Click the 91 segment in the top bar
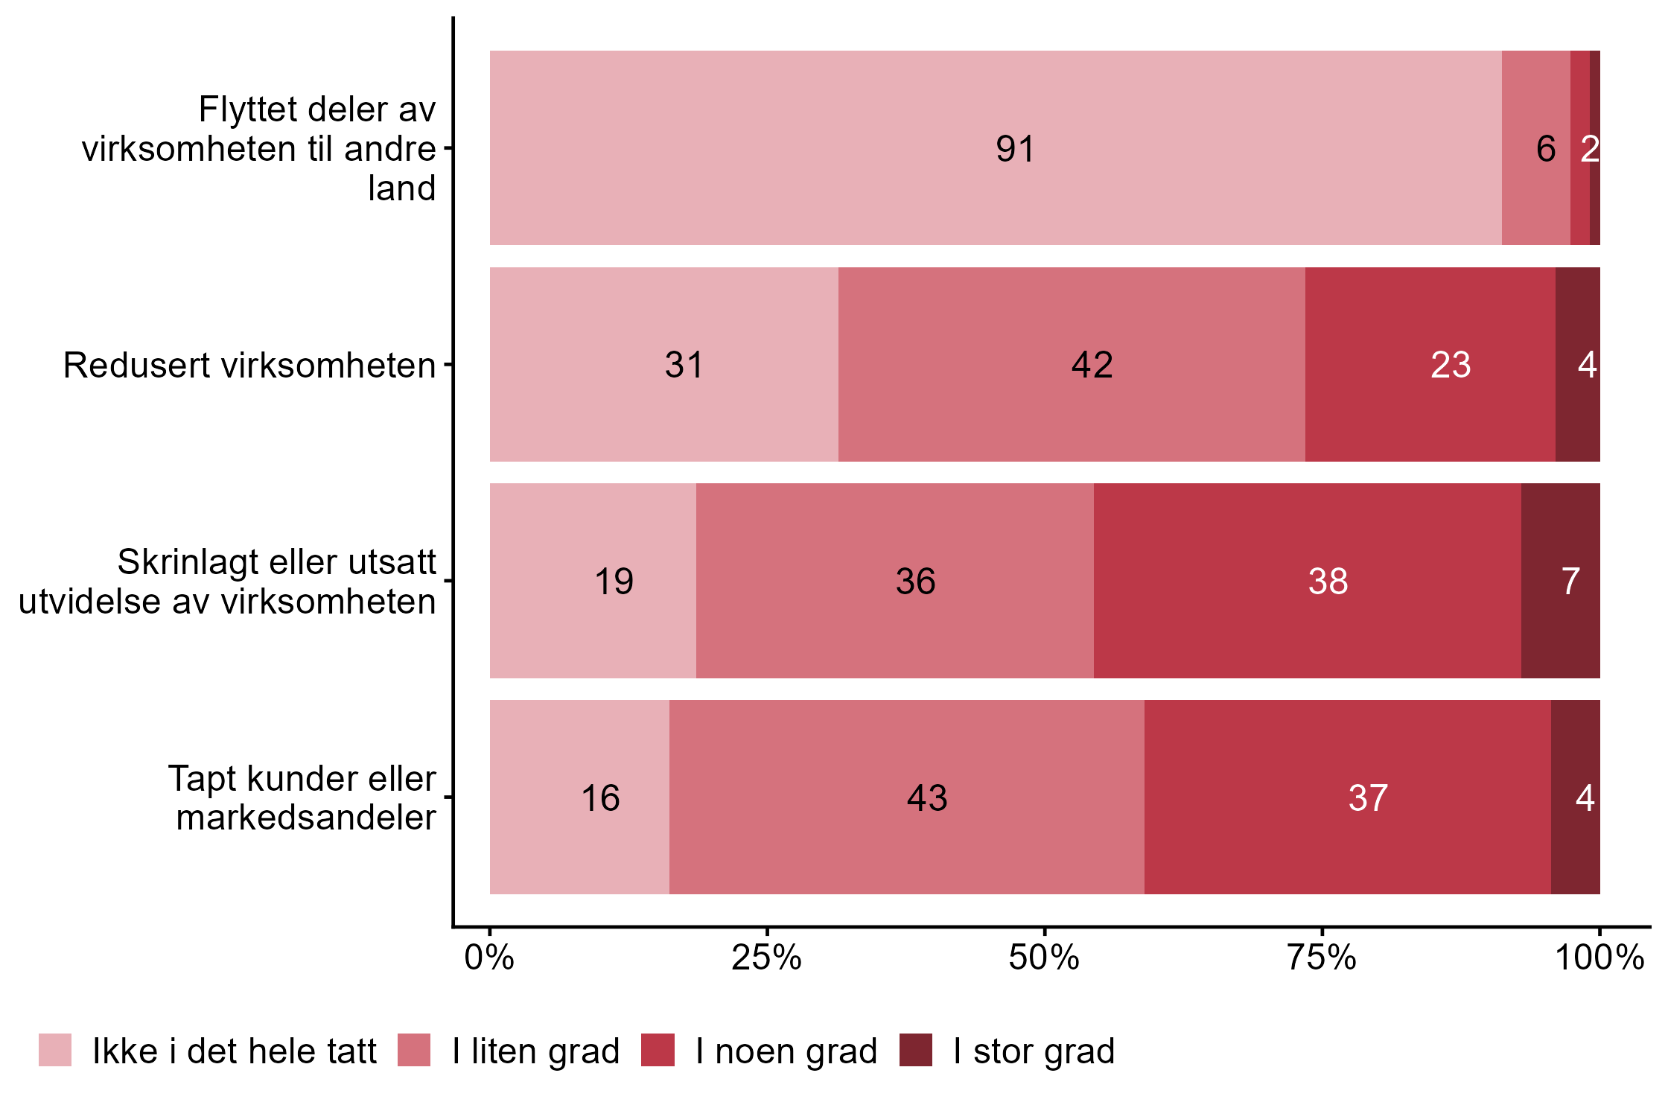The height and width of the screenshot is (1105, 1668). [x=996, y=148]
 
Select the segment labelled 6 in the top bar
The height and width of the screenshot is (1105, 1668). [x=1535, y=148]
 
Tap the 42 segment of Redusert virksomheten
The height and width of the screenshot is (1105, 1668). [x=1072, y=365]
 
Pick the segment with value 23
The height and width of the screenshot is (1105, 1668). [x=1430, y=365]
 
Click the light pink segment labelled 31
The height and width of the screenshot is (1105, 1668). [x=663, y=365]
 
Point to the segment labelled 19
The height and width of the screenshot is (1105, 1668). [x=593, y=581]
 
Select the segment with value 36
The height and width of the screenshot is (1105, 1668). [x=894, y=581]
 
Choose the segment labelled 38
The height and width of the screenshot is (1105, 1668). [x=1307, y=581]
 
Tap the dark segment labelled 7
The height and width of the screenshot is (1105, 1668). [x=1560, y=581]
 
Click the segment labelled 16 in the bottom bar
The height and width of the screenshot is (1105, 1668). [x=579, y=797]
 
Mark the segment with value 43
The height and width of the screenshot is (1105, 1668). [x=906, y=797]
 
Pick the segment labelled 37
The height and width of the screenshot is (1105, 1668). [x=1347, y=797]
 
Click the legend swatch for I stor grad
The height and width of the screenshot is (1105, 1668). [x=915, y=1050]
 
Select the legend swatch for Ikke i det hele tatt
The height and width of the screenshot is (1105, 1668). [x=55, y=1050]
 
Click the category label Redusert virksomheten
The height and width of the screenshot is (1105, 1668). [x=249, y=366]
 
